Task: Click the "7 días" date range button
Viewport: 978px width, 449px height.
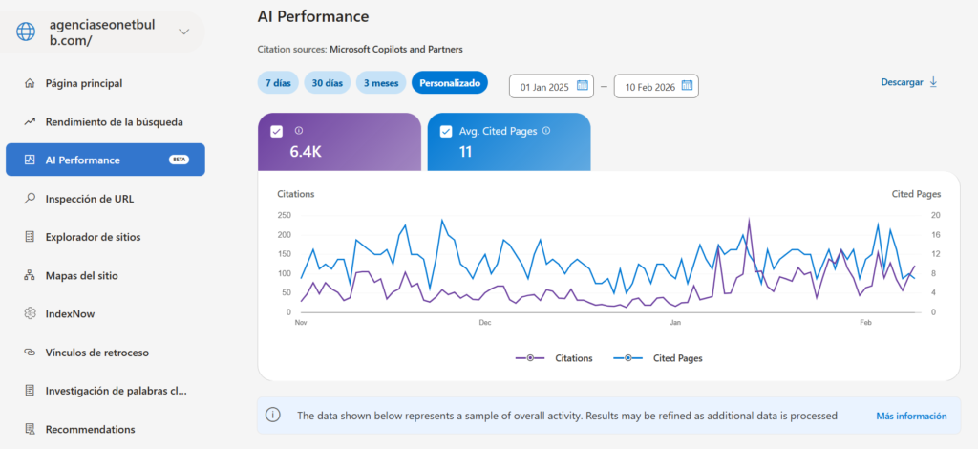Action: (277, 83)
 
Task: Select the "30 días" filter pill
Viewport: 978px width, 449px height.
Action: (328, 83)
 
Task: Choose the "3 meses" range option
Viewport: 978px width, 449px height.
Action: (379, 83)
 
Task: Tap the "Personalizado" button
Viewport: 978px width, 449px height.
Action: (450, 83)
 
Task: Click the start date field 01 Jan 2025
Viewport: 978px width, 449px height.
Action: (552, 87)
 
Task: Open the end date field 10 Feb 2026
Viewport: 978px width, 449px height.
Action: (656, 87)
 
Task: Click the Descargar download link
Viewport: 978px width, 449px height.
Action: (908, 82)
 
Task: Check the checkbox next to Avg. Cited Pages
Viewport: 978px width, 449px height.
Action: (445, 131)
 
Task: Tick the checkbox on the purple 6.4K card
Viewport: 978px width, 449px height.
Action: (277, 131)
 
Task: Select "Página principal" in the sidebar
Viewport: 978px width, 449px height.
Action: (84, 83)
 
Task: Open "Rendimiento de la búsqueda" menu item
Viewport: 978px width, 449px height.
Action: (114, 121)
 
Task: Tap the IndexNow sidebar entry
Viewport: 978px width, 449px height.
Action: (70, 313)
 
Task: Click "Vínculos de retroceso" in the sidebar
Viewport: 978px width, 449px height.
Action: (96, 352)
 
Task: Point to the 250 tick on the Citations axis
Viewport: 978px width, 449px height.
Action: (284, 215)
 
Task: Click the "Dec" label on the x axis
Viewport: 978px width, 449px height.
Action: (485, 323)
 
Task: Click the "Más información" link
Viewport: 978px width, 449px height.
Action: (911, 416)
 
